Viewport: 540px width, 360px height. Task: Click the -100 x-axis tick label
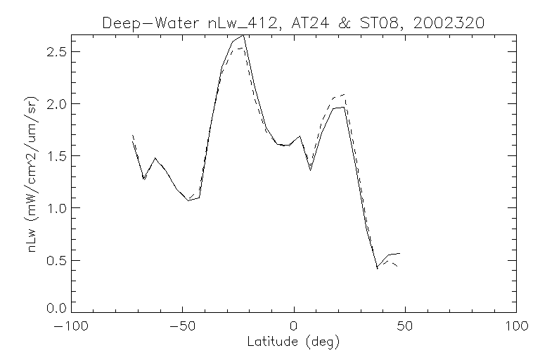click(72, 327)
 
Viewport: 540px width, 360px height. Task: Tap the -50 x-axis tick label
click(183, 327)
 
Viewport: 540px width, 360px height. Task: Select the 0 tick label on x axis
click(294, 327)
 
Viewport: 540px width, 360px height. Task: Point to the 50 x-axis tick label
click(405, 327)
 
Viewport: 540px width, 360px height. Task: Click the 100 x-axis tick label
click(515, 327)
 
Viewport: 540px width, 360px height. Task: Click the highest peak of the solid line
click(243, 35)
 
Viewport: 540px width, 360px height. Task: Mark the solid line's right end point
click(399, 253)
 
